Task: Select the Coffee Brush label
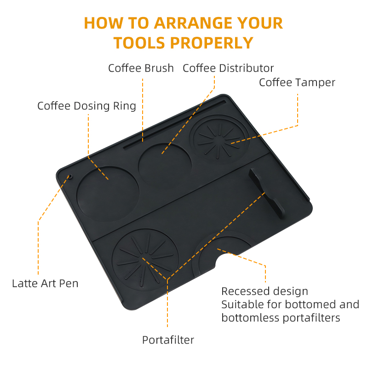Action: (141, 68)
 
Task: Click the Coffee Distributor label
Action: (228, 68)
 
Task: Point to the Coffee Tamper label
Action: (297, 82)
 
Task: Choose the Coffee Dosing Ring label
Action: (86, 106)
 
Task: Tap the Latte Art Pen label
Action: (45, 283)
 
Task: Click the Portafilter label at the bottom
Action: (168, 340)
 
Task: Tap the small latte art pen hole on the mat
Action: (70, 176)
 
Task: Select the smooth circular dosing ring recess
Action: (108, 193)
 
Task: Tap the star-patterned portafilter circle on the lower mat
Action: (145, 261)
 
